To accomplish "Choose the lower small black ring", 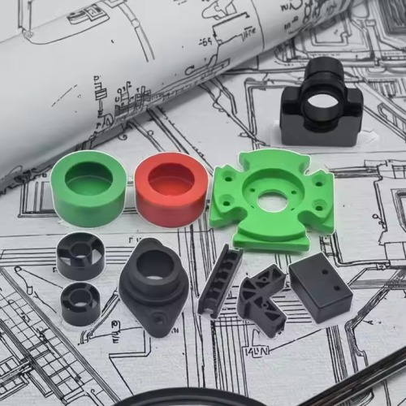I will click(80, 304).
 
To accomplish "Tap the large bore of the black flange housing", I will click(154, 264).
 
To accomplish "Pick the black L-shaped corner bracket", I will click(261, 301).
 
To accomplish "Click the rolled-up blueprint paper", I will click(122, 65).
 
